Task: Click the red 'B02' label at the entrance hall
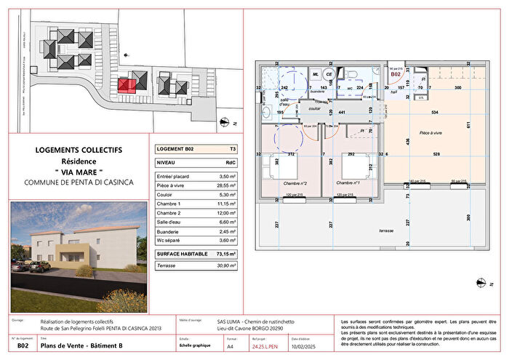point(396,74)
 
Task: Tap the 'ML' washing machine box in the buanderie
point(316,74)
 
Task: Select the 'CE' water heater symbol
point(329,74)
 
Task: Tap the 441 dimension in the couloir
point(342,113)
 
